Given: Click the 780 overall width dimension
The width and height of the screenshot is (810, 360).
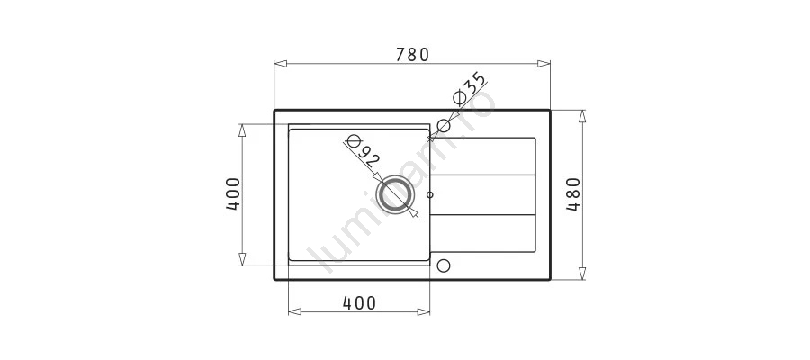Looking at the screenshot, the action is click(x=412, y=54).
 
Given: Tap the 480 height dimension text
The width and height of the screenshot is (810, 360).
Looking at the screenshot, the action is click(x=573, y=194).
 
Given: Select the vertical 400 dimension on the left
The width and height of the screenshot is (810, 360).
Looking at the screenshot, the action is click(x=233, y=194).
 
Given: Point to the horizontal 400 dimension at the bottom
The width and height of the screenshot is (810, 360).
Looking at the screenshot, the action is click(x=359, y=303).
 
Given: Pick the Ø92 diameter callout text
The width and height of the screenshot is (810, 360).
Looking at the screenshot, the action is click(x=362, y=150).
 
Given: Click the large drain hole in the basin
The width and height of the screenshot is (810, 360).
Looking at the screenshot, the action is click(x=396, y=194).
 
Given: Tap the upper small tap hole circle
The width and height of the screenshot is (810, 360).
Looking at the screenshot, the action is click(x=444, y=125).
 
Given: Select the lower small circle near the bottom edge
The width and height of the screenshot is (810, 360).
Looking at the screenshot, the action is click(x=444, y=265).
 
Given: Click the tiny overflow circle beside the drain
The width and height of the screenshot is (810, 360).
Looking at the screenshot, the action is click(x=430, y=194).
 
